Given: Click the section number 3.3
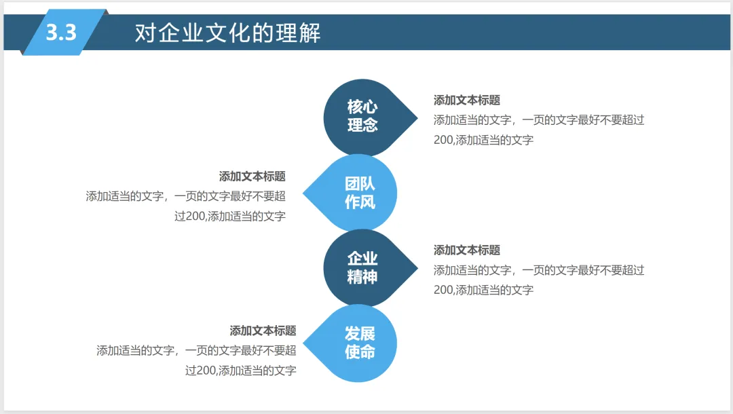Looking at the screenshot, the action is pos(61,32).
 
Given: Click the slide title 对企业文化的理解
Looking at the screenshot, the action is pos(227,33).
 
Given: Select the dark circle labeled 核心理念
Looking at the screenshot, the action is pos(362,117).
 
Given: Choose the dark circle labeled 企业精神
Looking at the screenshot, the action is pos(362,267).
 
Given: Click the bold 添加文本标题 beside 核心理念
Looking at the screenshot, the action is pos(467,100).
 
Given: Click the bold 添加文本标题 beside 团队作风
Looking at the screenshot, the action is pos(252,176).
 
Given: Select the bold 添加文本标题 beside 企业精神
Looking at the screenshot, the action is pos(467,250).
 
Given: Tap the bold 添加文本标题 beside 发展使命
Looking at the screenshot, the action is pos(263,331).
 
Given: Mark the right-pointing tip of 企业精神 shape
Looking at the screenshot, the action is pos(416,267).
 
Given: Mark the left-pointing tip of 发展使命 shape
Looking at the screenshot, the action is pos(303,343).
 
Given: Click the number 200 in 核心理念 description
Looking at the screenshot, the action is pos(443,140).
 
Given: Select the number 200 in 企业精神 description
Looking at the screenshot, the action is pos(443,290).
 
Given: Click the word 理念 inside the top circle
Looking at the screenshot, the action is pos(362,126).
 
